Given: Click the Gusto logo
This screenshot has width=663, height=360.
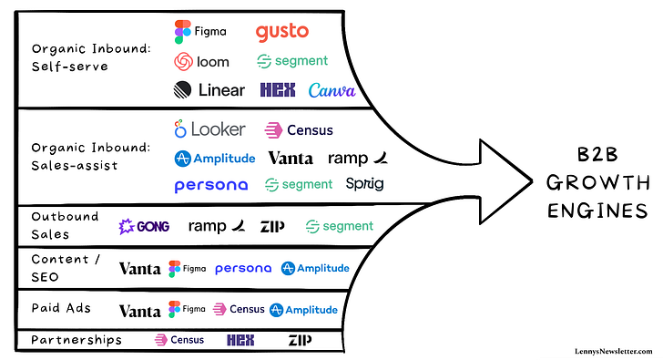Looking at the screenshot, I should (x=281, y=32).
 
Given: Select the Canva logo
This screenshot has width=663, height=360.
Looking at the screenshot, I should (x=331, y=90).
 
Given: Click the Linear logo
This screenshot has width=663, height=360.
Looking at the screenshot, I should (x=209, y=90).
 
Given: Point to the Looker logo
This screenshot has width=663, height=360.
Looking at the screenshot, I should (x=209, y=129).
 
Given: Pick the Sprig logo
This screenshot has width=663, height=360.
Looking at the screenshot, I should (x=364, y=184).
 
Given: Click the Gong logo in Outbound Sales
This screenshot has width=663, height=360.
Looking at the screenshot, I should (x=144, y=226).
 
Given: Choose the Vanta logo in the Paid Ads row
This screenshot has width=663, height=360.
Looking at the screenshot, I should (x=139, y=310).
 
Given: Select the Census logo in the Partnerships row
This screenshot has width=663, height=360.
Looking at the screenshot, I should (x=173, y=340).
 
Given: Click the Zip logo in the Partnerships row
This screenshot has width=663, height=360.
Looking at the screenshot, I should (x=300, y=340).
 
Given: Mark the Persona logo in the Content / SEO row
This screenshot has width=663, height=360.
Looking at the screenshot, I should (x=243, y=269).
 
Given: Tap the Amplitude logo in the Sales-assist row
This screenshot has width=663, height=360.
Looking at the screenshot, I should (x=216, y=158).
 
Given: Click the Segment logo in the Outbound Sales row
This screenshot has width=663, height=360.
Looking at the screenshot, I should (x=339, y=226).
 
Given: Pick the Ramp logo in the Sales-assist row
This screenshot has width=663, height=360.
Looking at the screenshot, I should (x=356, y=158).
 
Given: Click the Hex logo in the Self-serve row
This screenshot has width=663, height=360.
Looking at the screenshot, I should (x=277, y=90).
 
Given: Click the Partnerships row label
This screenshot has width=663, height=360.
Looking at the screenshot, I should (x=76, y=340).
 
